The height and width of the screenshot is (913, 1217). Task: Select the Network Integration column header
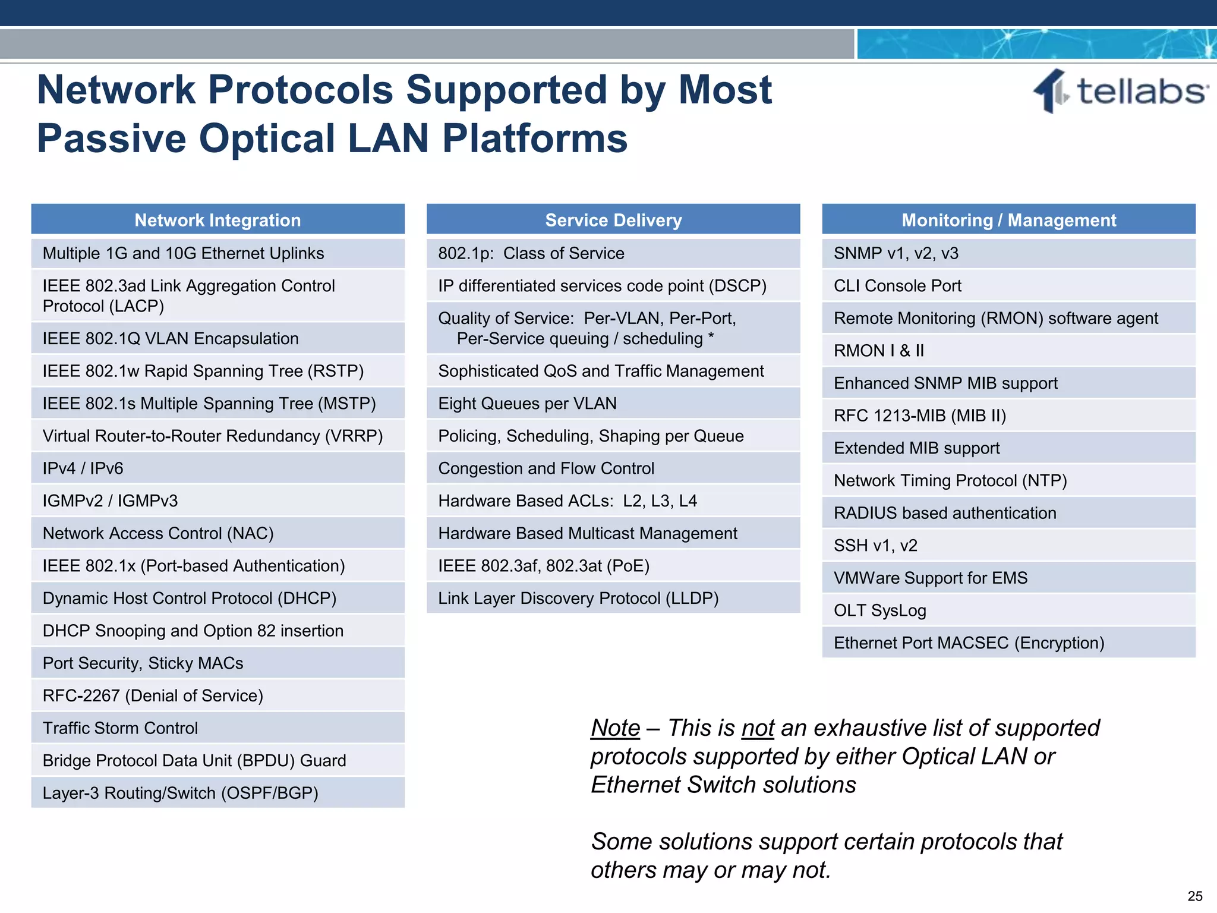[217, 220]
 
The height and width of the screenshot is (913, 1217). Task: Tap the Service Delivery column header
[613, 220]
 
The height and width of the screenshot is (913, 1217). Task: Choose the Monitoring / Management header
[1008, 220]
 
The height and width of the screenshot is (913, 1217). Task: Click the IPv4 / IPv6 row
[217, 468]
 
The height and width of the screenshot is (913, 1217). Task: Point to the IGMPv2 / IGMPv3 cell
[217, 501]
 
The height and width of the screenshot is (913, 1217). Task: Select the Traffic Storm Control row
[217, 728]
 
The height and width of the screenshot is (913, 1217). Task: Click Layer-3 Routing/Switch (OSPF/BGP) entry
[217, 793]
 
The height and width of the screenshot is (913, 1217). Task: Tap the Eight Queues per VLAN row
[613, 404]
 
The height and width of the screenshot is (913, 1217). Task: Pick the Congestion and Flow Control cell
[613, 468]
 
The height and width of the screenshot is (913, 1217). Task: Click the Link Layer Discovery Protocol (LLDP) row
[613, 598]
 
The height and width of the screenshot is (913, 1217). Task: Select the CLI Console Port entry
[1008, 286]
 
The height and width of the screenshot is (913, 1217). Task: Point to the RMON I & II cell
[1008, 351]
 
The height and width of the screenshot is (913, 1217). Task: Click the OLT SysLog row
[1008, 610]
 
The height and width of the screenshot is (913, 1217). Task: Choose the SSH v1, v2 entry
[1008, 546]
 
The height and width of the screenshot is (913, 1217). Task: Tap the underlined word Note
[615, 728]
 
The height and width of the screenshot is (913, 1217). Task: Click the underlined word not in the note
[758, 728]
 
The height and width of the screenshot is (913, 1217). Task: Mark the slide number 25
[1194, 896]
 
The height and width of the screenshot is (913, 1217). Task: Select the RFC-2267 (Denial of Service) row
[217, 695]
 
